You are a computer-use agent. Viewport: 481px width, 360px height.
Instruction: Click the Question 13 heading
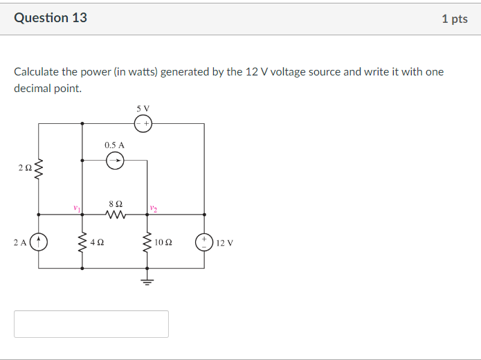point(51,18)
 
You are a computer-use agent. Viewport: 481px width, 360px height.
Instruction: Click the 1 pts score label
point(454,19)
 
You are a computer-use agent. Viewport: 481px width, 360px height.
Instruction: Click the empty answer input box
point(91,324)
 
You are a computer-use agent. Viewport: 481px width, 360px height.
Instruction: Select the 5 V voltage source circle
point(143,124)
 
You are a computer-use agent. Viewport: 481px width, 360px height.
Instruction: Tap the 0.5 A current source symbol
point(115,161)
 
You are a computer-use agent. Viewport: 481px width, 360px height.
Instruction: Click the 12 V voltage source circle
point(204,242)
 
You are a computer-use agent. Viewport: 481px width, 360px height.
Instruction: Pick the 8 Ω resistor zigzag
point(116,215)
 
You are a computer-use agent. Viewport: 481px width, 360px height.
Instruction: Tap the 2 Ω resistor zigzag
point(38,168)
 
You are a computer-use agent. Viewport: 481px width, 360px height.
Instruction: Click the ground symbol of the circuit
point(147,280)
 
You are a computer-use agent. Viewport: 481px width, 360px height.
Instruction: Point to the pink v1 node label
point(77,207)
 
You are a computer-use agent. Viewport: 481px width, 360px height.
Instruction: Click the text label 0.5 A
point(114,145)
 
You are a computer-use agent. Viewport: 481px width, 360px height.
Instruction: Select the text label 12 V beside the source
point(225,243)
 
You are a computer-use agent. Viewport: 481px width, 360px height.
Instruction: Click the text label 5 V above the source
point(143,109)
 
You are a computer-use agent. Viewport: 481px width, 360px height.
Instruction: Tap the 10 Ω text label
point(164,243)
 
